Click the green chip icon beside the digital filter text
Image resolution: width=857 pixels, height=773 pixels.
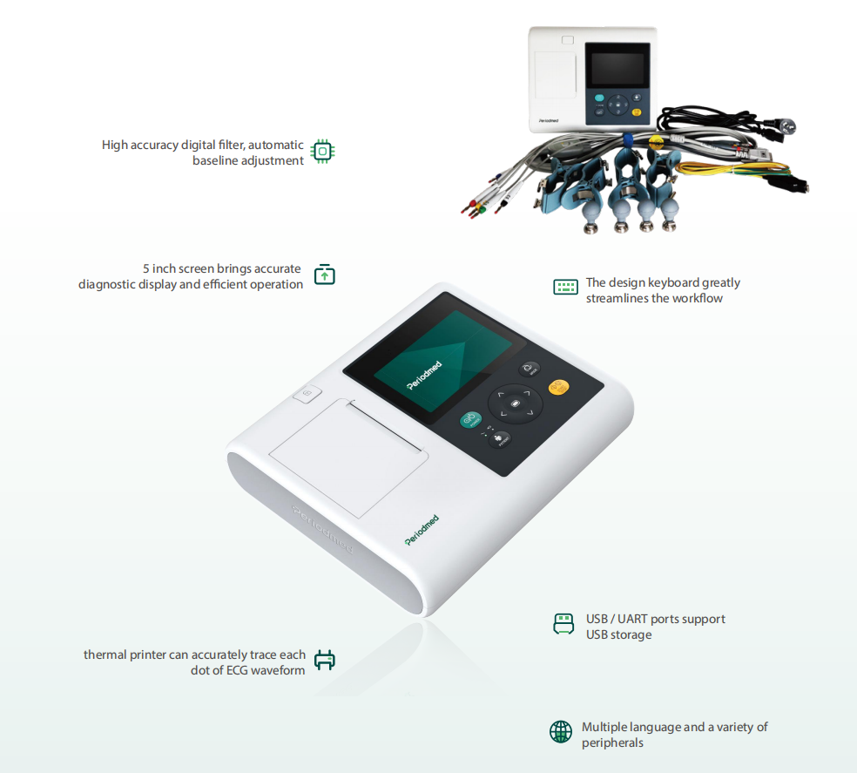[x=322, y=152]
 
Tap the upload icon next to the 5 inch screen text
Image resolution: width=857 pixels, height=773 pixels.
[x=325, y=275]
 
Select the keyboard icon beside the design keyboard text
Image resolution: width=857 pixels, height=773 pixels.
[x=565, y=287]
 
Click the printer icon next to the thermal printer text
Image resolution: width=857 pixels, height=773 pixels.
[x=325, y=661]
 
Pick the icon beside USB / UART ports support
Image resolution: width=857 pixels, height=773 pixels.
[x=563, y=624]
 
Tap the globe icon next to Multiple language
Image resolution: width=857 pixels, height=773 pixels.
[x=561, y=732]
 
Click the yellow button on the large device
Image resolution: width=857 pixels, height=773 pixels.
[x=558, y=388]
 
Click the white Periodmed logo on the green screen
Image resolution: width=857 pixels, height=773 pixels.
[x=423, y=376]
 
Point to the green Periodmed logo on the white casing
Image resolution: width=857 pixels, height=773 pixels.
[x=422, y=530]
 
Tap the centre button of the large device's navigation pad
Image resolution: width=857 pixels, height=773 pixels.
[x=515, y=403]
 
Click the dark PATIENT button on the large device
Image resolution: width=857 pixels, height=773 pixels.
[x=499, y=438]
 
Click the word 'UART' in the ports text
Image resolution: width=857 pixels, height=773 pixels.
[x=632, y=619]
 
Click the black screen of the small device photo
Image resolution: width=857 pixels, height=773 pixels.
[x=617, y=69]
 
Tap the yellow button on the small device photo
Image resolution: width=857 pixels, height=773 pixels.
[x=637, y=112]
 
